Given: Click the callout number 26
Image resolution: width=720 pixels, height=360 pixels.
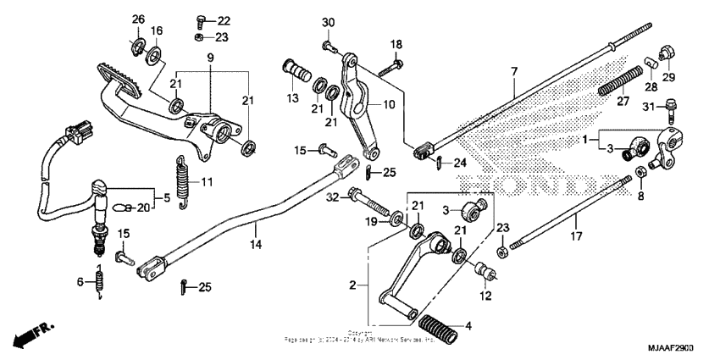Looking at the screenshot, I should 138,19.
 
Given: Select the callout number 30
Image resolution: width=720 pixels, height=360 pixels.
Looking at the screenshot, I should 328,22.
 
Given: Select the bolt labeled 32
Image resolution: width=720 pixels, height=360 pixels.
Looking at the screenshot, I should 379,204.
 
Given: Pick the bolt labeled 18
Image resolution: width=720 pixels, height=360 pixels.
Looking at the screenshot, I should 390,62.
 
